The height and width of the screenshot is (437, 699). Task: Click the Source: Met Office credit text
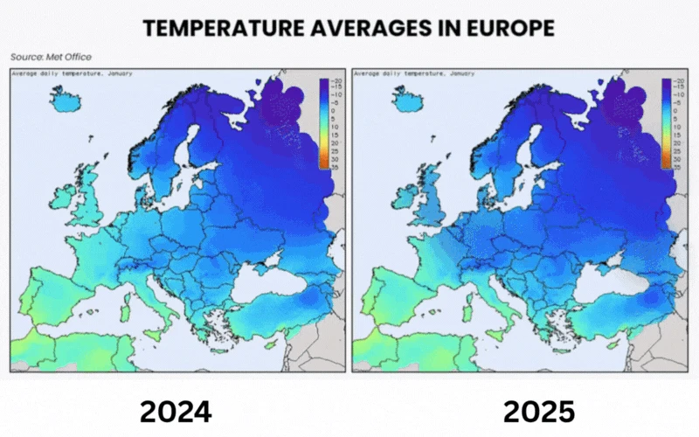(x=51, y=57)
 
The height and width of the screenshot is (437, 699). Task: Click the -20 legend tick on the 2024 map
(x=335, y=80)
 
